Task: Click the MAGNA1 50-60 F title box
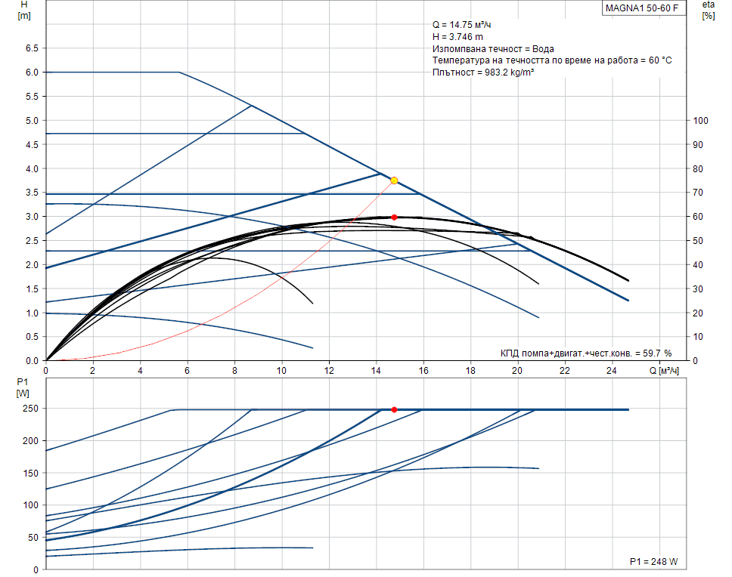click(641, 9)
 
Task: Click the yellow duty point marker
click(394, 181)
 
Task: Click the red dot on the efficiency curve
click(394, 217)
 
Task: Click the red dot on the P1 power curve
click(394, 409)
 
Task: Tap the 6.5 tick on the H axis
click(31, 48)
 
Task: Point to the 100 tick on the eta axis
click(700, 121)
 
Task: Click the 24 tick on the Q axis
click(612, 370)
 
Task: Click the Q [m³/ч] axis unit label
click(665, 370)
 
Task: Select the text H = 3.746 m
click(457, 37)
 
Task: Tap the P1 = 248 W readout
click(653, 562)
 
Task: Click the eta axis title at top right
click(708, 10)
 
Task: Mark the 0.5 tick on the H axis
click(31, 337)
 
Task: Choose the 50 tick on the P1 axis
click(32, 538)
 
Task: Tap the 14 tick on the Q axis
click(376, 370)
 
